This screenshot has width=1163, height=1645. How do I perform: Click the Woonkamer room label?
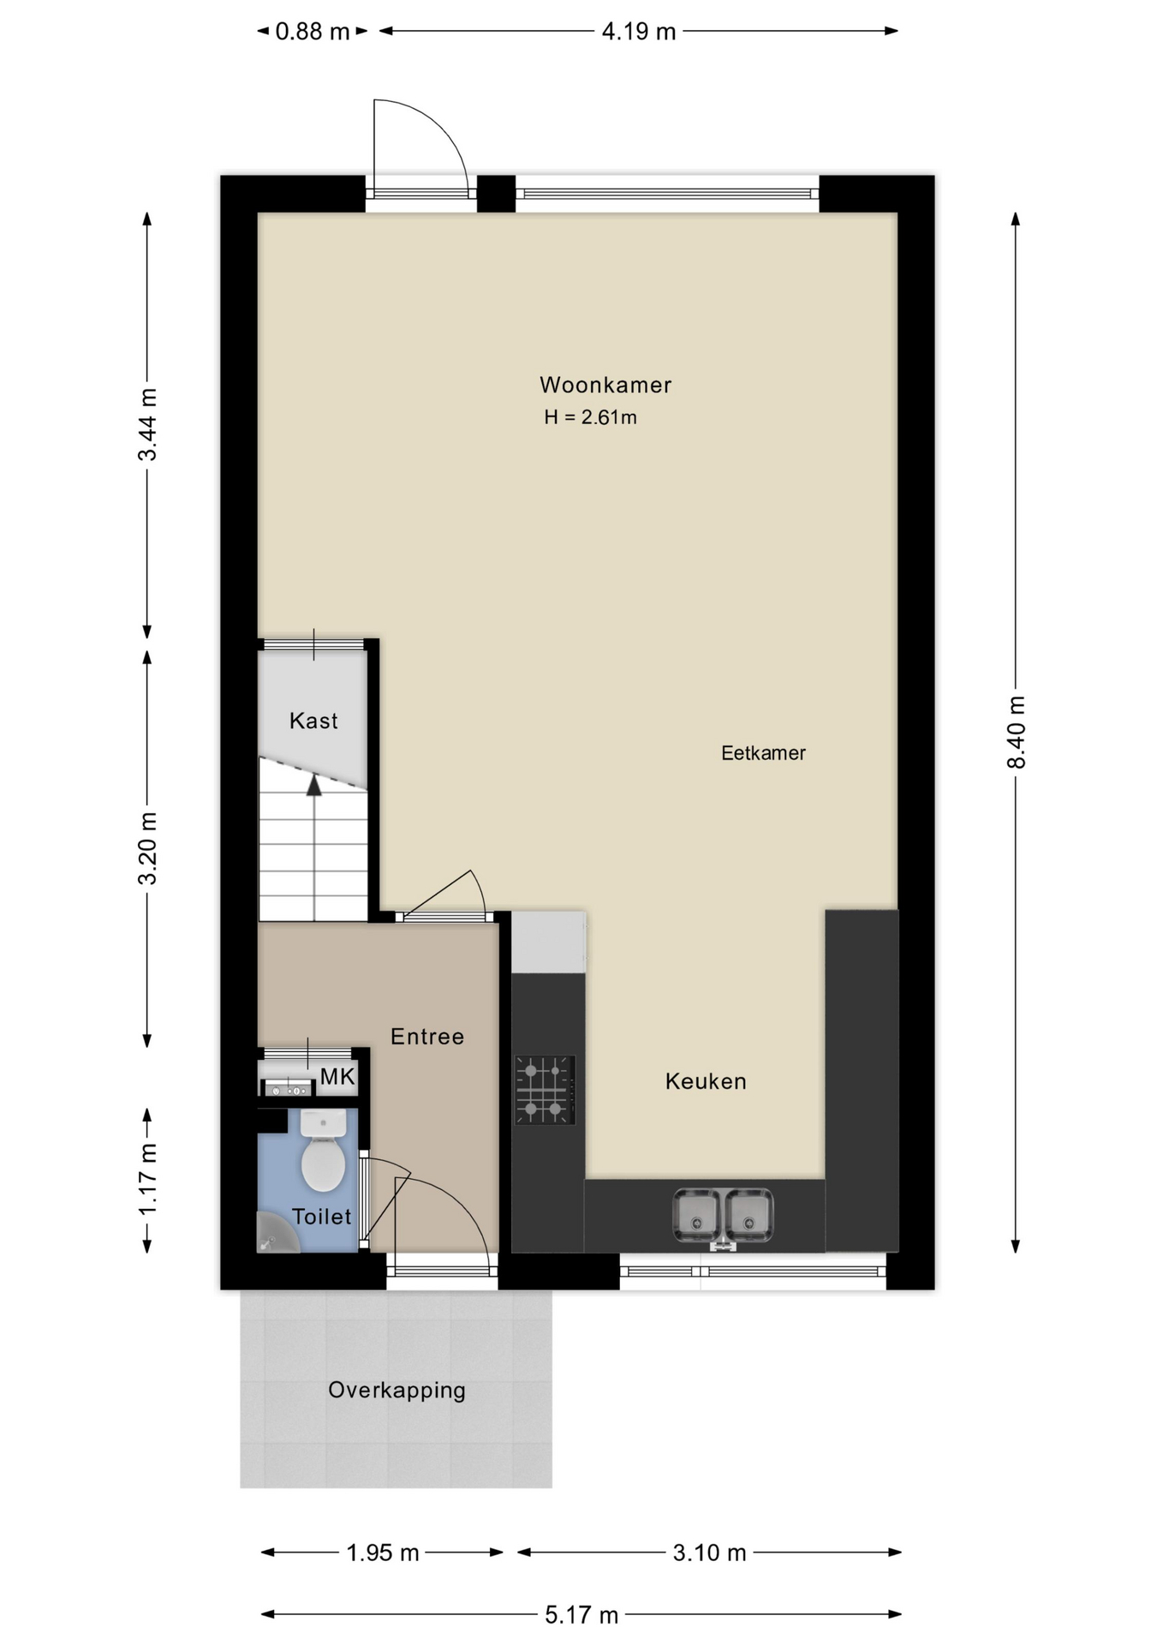click(605, 385)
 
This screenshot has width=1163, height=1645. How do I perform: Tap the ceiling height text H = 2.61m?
click(590, 417)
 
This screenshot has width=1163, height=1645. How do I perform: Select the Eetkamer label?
click(763, 753)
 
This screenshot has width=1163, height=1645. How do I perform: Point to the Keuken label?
click(706, 1081)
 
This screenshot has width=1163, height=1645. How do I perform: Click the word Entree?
click(427, 1037)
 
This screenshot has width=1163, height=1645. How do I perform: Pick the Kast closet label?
click(313, 721)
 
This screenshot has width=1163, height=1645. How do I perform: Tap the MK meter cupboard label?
click(337, 1076)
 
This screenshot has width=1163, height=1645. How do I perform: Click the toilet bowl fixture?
click(324, 1150)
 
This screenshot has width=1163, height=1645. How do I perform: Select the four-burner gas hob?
click(545, 1090)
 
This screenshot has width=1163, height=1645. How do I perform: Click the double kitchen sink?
click(723, 1215)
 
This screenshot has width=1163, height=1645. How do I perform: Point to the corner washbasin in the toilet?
click(276, 1234)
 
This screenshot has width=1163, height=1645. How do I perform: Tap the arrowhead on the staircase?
click(314, 785)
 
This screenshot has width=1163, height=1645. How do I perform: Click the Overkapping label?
click(397, 1390)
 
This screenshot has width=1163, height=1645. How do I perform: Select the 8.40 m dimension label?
click(1016, 733)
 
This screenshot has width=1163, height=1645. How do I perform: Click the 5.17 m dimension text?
click(581, 1615)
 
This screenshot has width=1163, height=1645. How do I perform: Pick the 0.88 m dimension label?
click(313, 32)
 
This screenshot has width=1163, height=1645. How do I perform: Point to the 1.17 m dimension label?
click(147, 1179)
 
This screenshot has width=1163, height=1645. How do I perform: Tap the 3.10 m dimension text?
click(709, 1552)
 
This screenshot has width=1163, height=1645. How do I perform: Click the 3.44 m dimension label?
click(147, 424)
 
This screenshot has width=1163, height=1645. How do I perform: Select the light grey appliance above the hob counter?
click(549, 942)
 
